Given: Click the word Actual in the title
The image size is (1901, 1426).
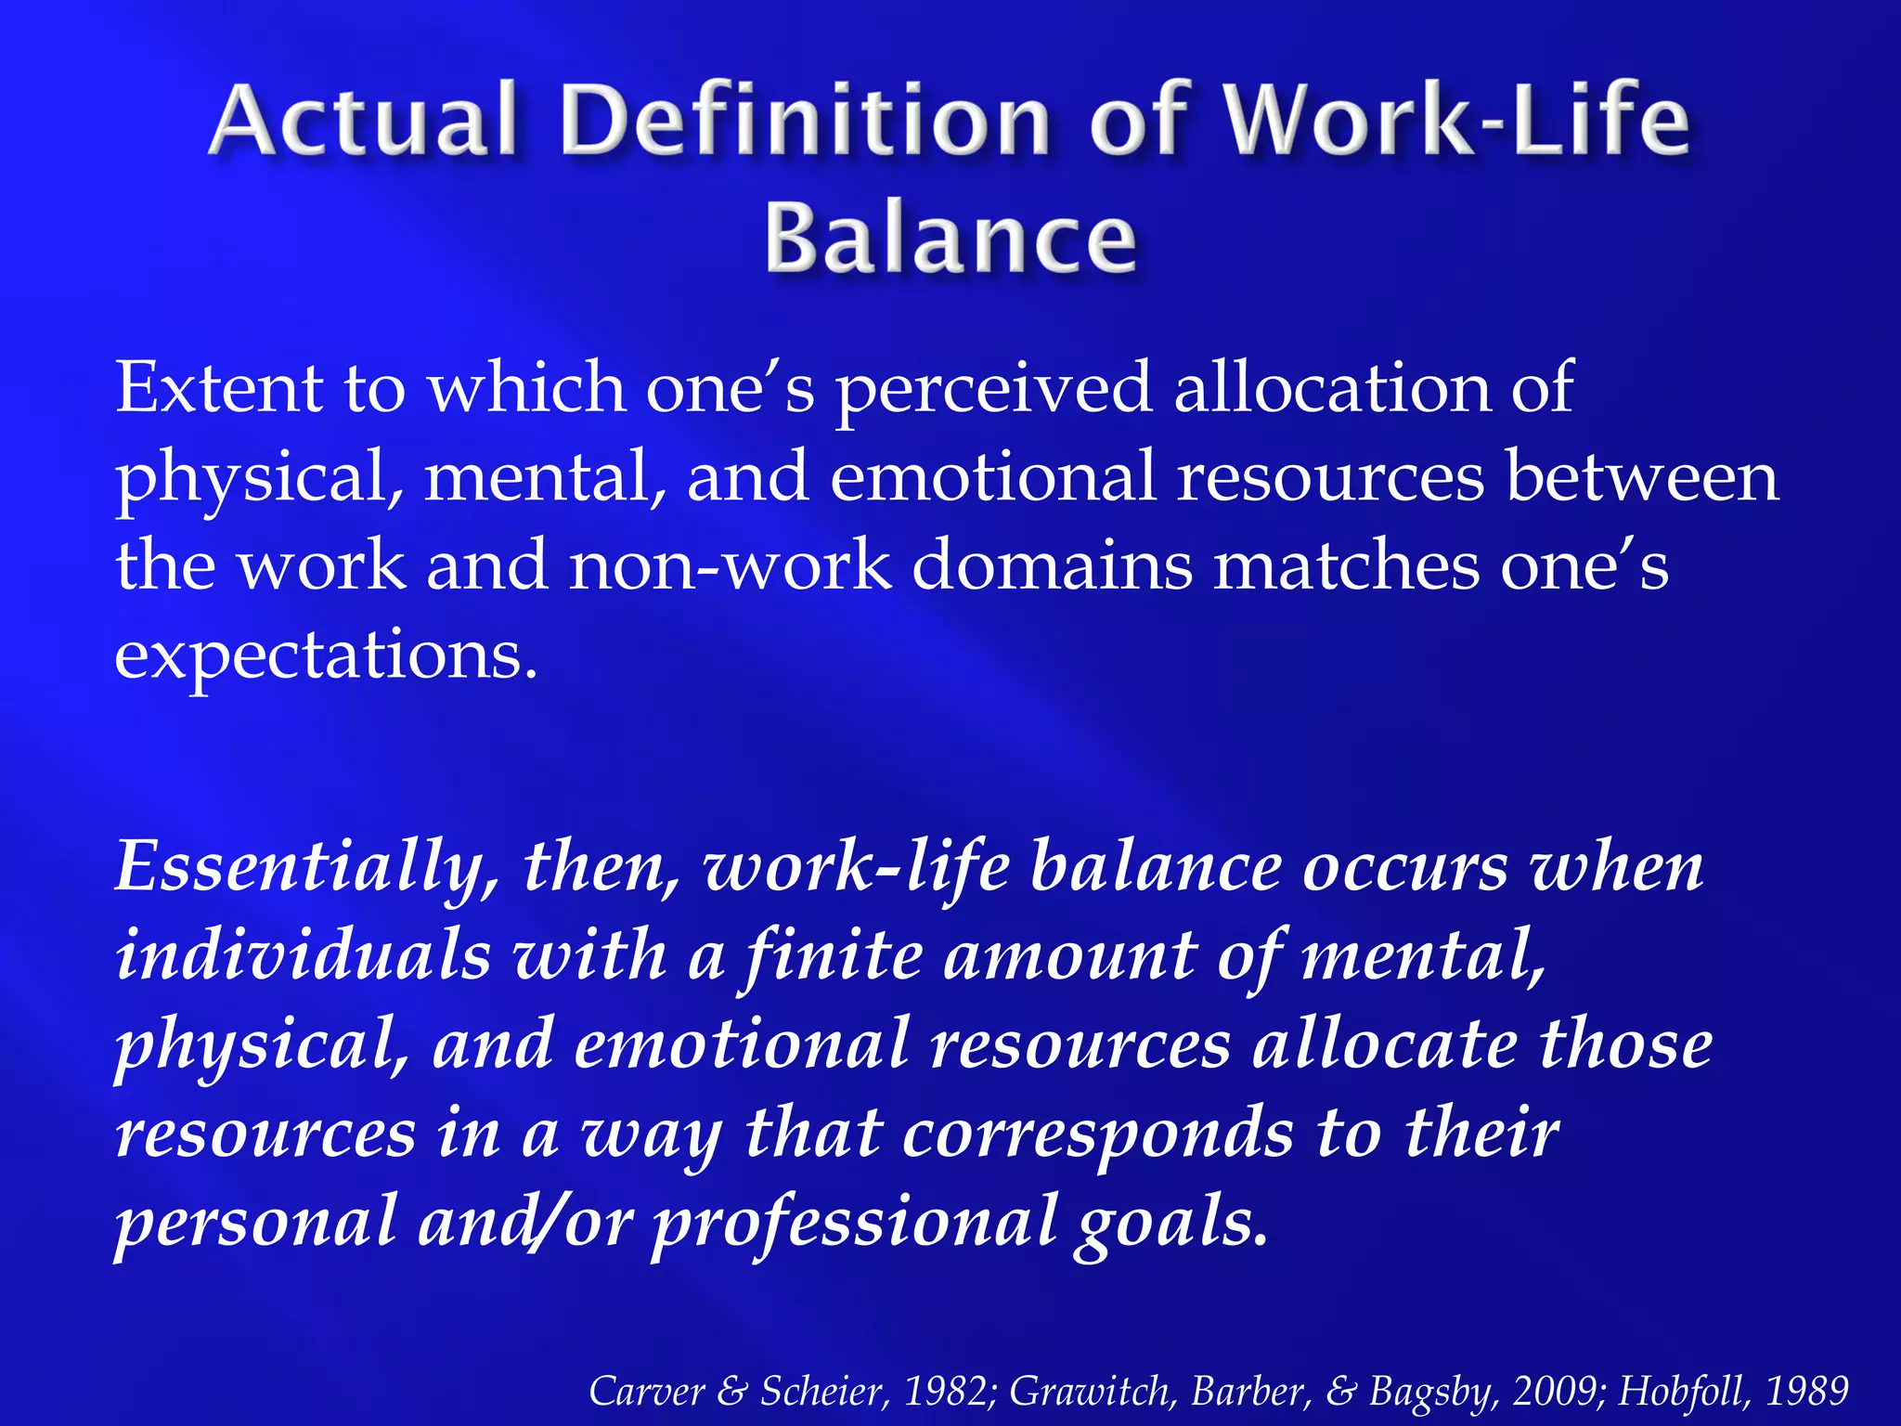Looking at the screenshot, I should pyautogui.click(x=362, y=121).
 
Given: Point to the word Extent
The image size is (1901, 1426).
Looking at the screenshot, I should pyautogui.click(x=219, y=388).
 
